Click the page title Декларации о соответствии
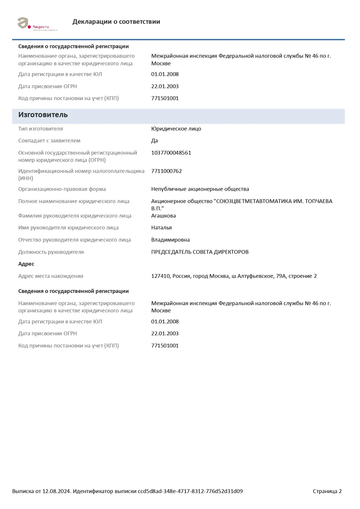(116, 22)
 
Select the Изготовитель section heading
(43, 115)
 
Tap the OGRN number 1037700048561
(171, 153)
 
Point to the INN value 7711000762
(166, 171)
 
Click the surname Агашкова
(163, 216)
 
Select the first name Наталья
(161, 228)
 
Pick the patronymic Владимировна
(170, 240)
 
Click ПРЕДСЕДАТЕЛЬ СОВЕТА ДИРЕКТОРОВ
(200, 252)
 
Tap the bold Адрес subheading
(26, 264)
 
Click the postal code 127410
(160, 276)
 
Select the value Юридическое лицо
(176, 129)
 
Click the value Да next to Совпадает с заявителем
(154, 141)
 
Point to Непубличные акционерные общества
(200, 189)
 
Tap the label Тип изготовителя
(40, 129)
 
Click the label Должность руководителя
(51, 252)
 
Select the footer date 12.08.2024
(56, 491)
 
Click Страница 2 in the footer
(327, 491)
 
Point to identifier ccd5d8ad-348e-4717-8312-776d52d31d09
(190, 491)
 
